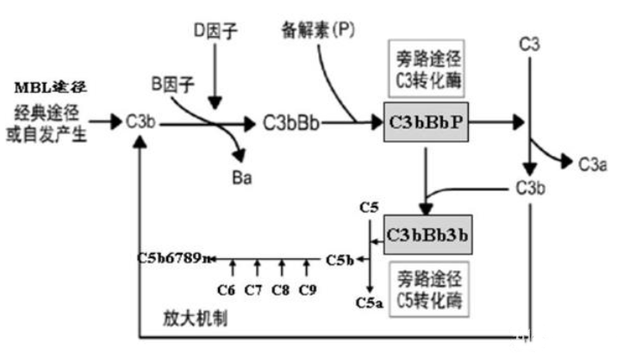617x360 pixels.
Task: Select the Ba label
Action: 244,177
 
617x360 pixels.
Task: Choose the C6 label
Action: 228,289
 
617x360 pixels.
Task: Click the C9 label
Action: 307,289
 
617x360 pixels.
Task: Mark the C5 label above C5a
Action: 369,208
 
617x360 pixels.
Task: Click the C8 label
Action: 281,289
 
